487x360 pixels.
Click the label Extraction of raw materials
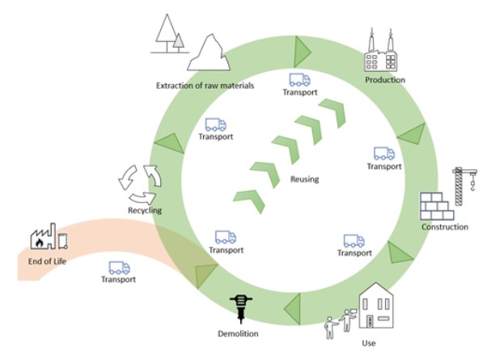click(205, 84)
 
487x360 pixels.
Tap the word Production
click(384, 80)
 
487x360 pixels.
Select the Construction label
click(444, 227)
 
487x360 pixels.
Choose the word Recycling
click(145, 210)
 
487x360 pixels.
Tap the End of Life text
click(45, 261)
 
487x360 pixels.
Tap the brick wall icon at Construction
click(438, 206)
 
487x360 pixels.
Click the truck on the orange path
click(118, 267)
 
